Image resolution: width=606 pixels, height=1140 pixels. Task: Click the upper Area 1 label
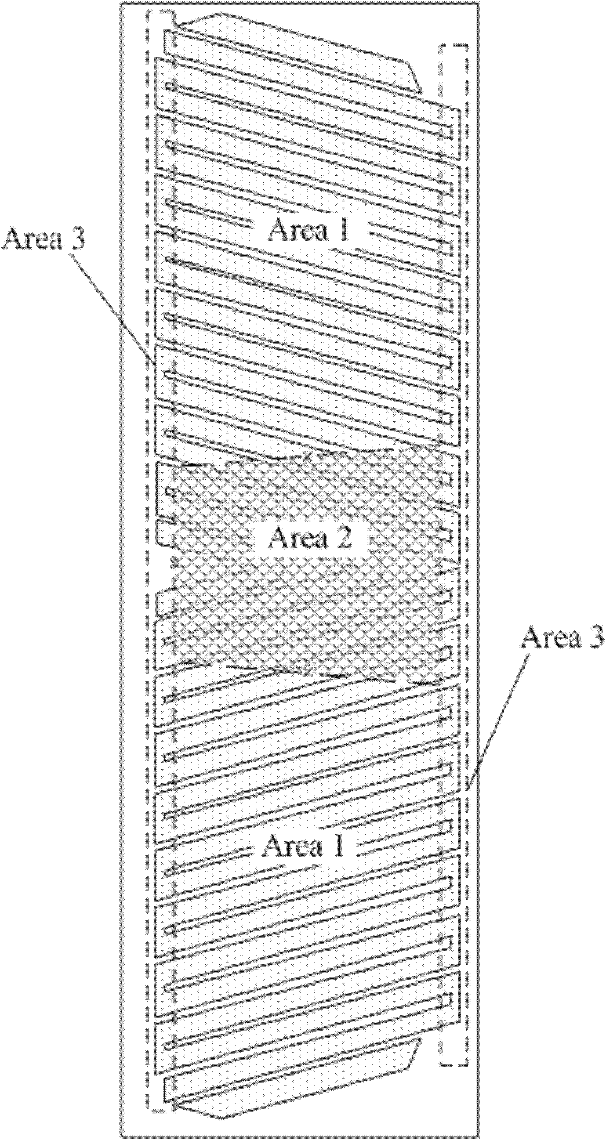[309, 230]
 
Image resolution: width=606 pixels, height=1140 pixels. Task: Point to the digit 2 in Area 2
[343, 539]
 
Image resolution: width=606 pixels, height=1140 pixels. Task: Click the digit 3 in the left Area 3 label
[78, 238]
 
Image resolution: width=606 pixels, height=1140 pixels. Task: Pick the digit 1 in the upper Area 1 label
[343, 230]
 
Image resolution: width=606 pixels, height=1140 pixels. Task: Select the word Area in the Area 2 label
[297, 539]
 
